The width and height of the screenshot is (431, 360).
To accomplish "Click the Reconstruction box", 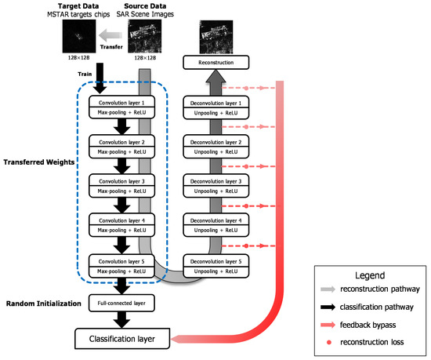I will (214, 61).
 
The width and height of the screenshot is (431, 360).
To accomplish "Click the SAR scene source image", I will (145, 36).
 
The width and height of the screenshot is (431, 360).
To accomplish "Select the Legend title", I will (368, 278).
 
